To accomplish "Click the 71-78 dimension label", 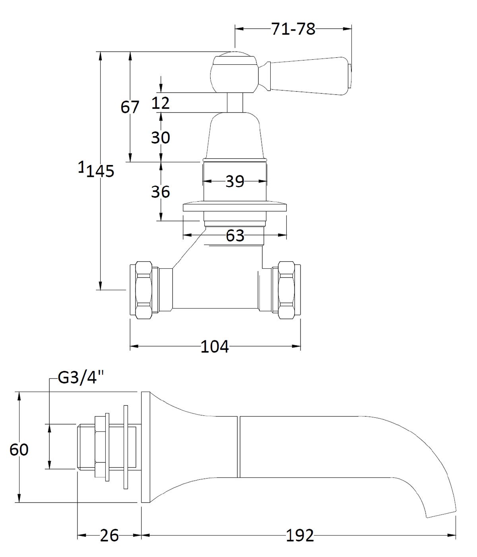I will (x=293, y=29).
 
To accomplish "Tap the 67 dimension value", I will (x=130, y=107).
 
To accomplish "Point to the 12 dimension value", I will (x=161, y=103).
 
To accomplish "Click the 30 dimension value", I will (x=161, y=138).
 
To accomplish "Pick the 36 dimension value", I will (x=161, y=192).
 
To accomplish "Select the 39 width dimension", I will (x=235, y=182).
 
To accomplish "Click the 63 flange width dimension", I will (x=235, y=236).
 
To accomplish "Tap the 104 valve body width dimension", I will (x=215, y=347).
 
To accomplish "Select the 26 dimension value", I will (x=109, y=536).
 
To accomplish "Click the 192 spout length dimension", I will (x=300, y=536).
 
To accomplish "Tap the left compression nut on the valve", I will (x=144, y=290).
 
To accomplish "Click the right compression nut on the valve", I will (x=289, y=290).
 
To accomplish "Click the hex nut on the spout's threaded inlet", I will (x=102, y=447).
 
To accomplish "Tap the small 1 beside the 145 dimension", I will (x=81, y=167).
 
